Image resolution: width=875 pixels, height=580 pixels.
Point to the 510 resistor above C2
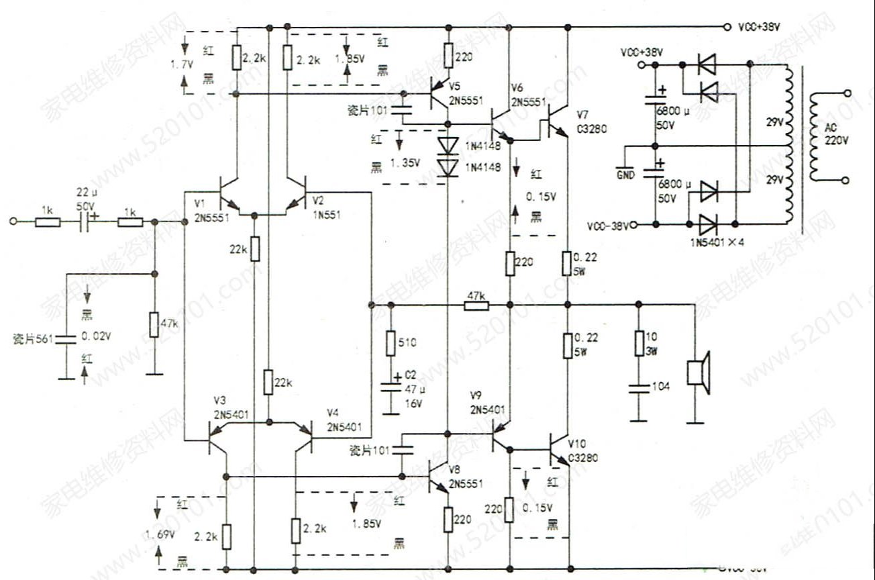391,343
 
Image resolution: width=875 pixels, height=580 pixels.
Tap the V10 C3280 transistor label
582,451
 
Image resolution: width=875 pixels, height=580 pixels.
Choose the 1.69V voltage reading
160,534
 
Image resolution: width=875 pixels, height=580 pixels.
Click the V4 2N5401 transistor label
345,420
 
